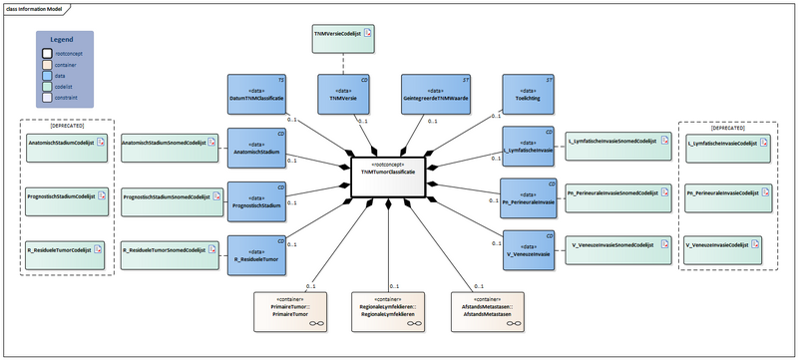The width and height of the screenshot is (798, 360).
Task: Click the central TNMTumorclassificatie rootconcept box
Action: (x=388, y=169)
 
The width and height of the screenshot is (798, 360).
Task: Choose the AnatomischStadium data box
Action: (x=257, y=146)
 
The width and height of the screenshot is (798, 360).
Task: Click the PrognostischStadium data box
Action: (x=257, y=200)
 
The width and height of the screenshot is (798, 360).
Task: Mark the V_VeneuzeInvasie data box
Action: (x=528, y=247)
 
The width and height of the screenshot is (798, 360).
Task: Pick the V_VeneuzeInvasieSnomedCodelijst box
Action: (x=611, y=243)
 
